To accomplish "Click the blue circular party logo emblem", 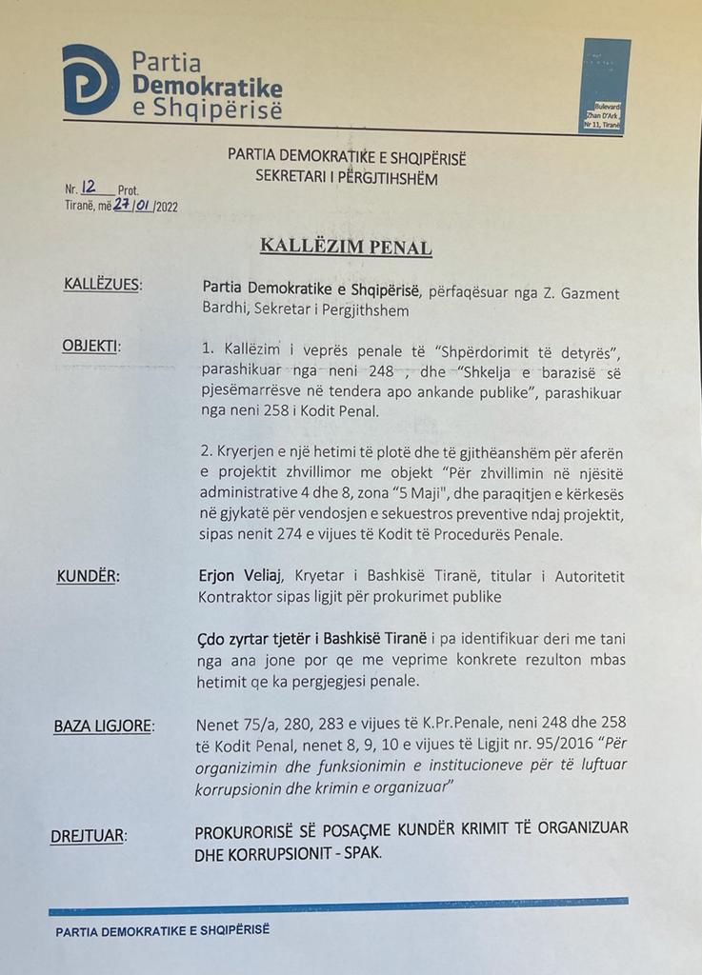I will [90, 79].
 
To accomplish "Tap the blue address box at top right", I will [607, 85].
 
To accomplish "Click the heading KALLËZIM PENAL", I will [346, 248].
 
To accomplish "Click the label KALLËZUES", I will [101, 285].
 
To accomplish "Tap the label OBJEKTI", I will [91, 346].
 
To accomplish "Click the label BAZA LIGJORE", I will [103, 726].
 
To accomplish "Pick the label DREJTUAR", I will [89, 836].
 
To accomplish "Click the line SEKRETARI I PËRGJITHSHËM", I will [347, 178].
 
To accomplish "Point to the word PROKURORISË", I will [249, 831].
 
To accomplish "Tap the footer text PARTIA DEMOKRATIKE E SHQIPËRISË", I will [163, 929].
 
